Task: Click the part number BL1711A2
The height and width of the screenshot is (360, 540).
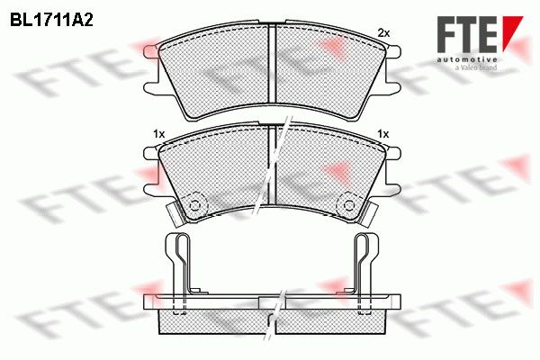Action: click(x=51, y=21)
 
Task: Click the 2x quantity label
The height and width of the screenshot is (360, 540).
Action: click(x=383, y=33)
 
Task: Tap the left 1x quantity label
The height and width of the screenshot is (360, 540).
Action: click(x=159, y=134)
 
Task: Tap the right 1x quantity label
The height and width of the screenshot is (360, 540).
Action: click(x=383, y=133)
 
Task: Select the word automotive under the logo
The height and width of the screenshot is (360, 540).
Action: click(x=467, y=60)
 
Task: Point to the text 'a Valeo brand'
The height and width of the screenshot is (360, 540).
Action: click(x=476, y=67)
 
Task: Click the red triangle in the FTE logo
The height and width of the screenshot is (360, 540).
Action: click(x=512, y=30)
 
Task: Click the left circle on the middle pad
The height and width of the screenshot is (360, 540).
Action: click(x=195, y=205)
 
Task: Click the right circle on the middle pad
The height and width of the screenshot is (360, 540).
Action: click(x=349, y=205)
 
